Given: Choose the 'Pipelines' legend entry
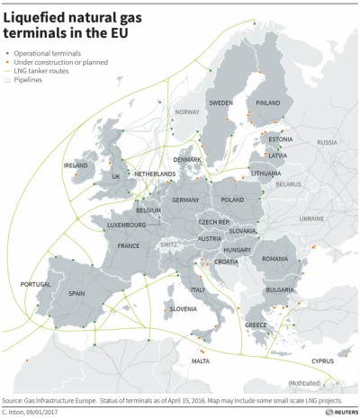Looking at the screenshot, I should [37, 80].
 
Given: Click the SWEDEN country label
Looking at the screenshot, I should [220, 103].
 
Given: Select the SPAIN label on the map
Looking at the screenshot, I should [76, 293].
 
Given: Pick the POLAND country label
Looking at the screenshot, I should [232, 200].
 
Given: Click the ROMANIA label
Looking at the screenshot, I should [274, 258].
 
